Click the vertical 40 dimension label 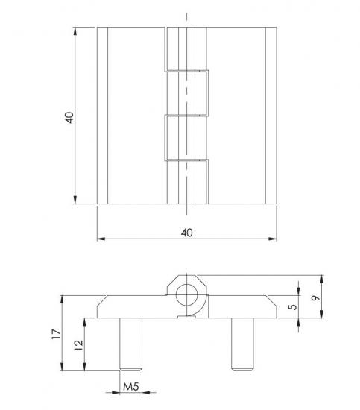69,117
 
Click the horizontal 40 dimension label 186,233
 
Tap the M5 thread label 130,387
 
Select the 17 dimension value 56,334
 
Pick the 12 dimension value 78,345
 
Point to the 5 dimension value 293,306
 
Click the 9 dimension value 315,298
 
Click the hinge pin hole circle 186,295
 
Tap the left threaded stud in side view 130,344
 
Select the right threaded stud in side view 242,344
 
